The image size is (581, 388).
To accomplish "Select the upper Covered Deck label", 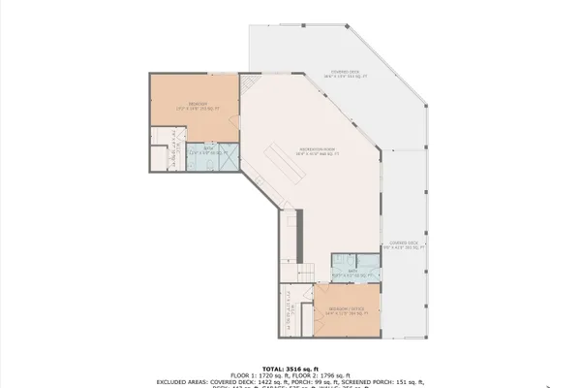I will pos(346,74).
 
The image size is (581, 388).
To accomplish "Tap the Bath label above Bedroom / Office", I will pos(352,273).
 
